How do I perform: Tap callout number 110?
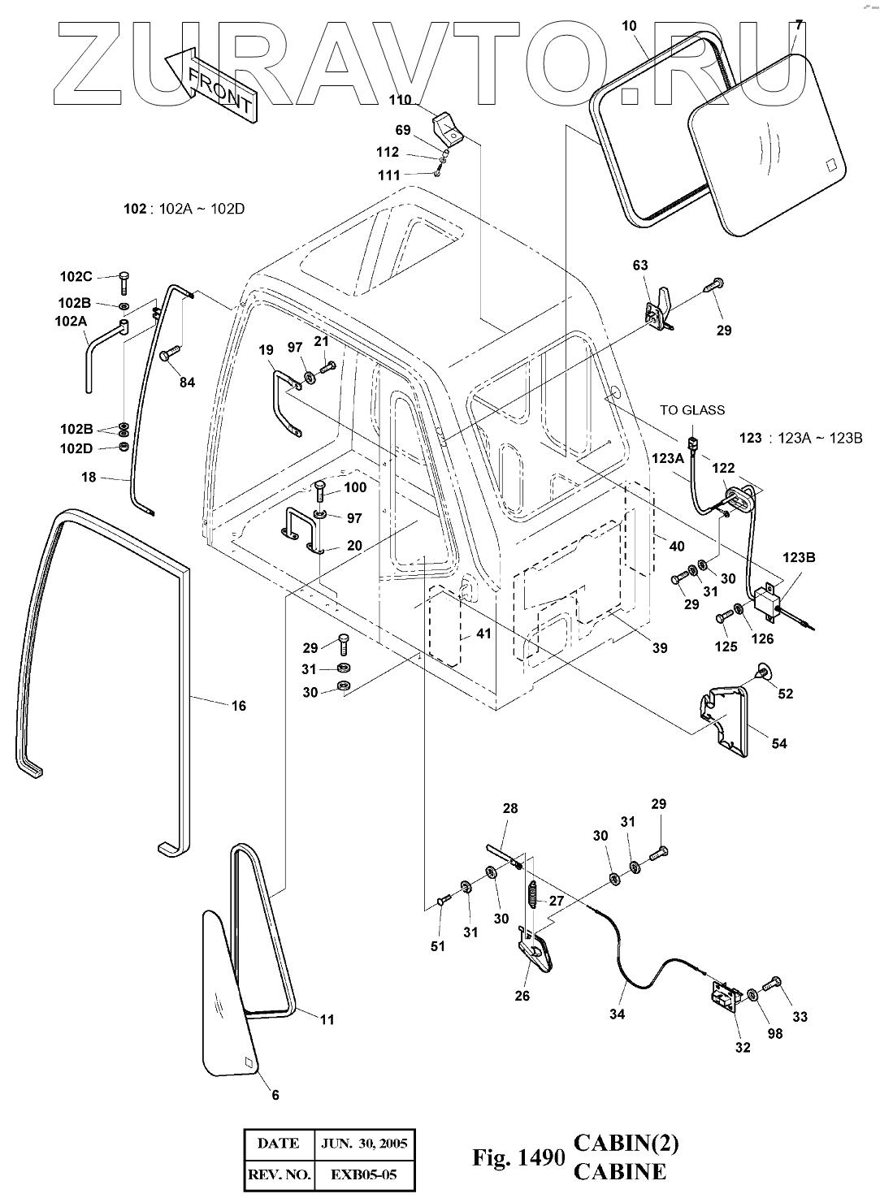click(x=400, y=100)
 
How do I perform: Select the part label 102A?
click(x=72, y=320)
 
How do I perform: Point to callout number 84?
click(x=187, y=383)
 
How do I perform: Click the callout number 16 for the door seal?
click(x=238, y=706)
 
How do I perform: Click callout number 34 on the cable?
click(x=617, y=1014)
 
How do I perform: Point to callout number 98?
click(x=774, y=1034)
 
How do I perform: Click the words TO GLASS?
click(x=691, y=410)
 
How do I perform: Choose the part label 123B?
click(x=800, y=558)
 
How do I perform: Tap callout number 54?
click(x=778, y=743)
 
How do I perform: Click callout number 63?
click(x=640, y=265)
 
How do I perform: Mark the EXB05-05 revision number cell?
click(x=365, y=1174)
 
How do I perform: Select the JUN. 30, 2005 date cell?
click(x=365, y=1144)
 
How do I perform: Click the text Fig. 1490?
click(x=518, y=1157)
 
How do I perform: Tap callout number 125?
click(x=726, y=647)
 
